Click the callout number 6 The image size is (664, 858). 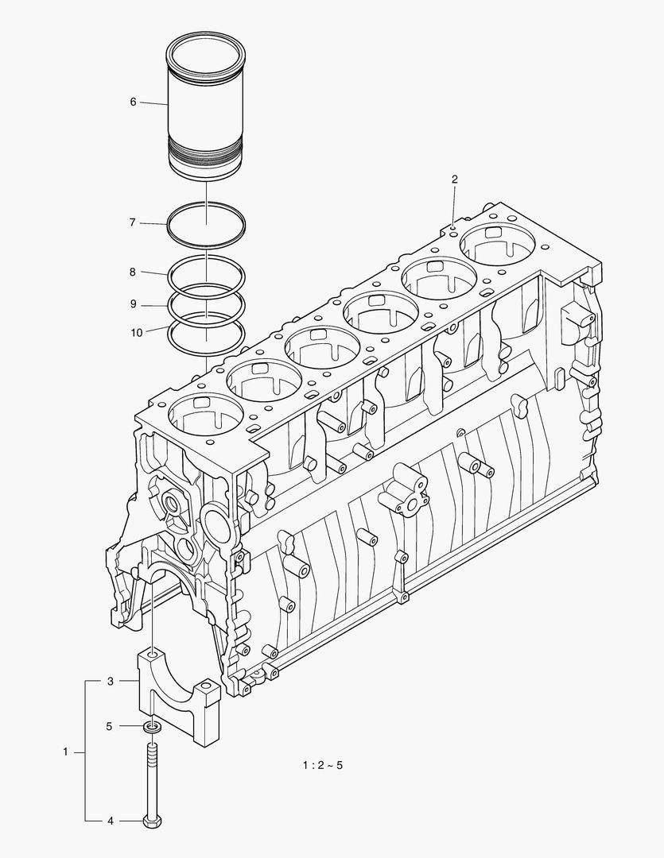(134, 102)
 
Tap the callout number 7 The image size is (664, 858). (134, 223)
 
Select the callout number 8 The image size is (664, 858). (134, 272)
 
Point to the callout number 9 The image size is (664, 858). (134, 304)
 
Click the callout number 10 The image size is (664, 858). (137, 333)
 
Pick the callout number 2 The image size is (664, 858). (454, 180)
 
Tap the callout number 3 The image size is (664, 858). (111, 682)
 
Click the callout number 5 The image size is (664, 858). (111, 725)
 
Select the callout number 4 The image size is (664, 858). (111, 820)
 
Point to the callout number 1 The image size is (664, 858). (66, 751)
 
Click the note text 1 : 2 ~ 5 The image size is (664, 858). (321, 766)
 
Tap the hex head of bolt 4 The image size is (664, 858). (152, 820)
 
